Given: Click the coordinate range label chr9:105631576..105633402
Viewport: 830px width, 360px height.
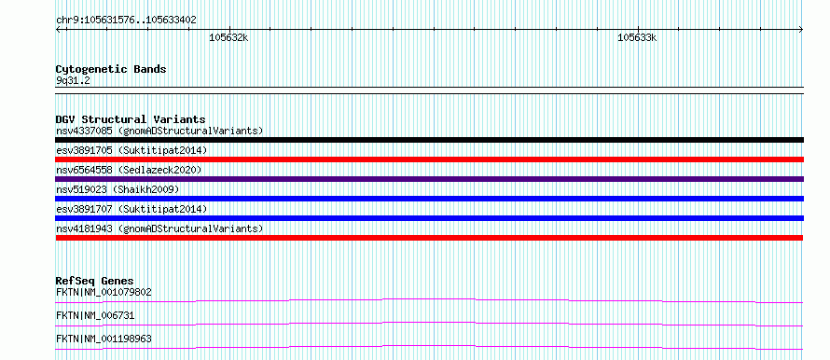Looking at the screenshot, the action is [126, 21].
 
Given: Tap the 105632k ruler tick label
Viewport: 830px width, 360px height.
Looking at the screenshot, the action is [228, 38].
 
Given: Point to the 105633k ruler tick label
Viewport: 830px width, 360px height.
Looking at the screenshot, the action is [637, 38].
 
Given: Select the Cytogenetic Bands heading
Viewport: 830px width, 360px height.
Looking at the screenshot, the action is [111, 69].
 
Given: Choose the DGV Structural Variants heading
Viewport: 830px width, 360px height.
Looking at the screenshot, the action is [131, 119].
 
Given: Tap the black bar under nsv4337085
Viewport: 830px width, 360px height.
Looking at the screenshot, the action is [429, 140].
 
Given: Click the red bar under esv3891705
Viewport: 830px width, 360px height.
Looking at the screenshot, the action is [429, 159].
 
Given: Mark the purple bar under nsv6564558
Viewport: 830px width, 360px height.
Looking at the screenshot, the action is [429, 179].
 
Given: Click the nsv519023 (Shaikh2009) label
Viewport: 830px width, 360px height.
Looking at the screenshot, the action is [118, 189].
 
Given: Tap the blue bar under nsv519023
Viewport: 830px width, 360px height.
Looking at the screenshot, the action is [429, 199].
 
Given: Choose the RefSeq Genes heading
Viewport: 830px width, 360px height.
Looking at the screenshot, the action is [95, 281].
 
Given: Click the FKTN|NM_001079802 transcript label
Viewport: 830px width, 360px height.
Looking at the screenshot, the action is [104, 292].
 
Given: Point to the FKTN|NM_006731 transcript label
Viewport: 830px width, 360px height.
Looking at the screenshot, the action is [95, 315].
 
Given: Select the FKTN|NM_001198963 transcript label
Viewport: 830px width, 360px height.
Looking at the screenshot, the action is [104, 339].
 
